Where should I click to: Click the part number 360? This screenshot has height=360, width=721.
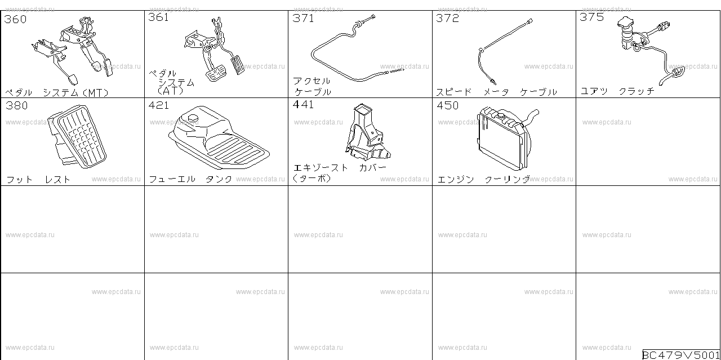[15, 19]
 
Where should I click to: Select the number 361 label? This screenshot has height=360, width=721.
[159, 17]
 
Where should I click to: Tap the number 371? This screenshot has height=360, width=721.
[303, 19]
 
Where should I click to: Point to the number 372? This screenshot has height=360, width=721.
[447, 18]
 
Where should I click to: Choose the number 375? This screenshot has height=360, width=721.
[591, 17]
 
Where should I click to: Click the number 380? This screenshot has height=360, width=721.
[17, 105]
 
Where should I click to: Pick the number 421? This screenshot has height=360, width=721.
[159, 105]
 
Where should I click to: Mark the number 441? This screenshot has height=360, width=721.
[303, 105]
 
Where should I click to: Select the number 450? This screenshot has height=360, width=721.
[448, 105]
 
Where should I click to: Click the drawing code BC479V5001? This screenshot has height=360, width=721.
[681, 355]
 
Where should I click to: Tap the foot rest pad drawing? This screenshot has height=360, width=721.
[77, 136]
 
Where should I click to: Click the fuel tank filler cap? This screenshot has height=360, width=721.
[193, 118]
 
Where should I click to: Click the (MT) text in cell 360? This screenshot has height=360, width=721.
[96, 93]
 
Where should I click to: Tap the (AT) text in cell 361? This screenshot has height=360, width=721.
[171, 91]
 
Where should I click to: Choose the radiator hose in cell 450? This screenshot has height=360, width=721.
[530, 117]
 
